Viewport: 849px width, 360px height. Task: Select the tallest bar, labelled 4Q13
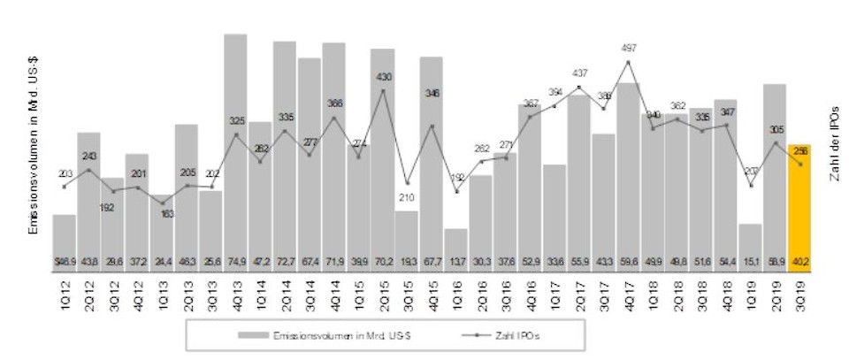[235, 150]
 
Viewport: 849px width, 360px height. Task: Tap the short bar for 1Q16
[455, 248]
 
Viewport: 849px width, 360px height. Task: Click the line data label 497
[628, 48]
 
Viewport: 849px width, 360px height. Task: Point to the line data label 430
[383, 77]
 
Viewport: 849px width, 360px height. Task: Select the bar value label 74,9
[235, 261]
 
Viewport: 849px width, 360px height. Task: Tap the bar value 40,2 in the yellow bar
[799, 261]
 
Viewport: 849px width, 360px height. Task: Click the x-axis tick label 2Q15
[383, 289]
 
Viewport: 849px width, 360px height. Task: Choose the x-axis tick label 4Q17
[628, 289]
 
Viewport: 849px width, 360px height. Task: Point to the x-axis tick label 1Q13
[162, 289]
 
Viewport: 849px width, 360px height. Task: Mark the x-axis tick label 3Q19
[799, 289]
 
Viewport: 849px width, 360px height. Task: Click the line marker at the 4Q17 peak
[628, 62]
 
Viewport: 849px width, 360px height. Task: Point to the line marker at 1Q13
[162, 203]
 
